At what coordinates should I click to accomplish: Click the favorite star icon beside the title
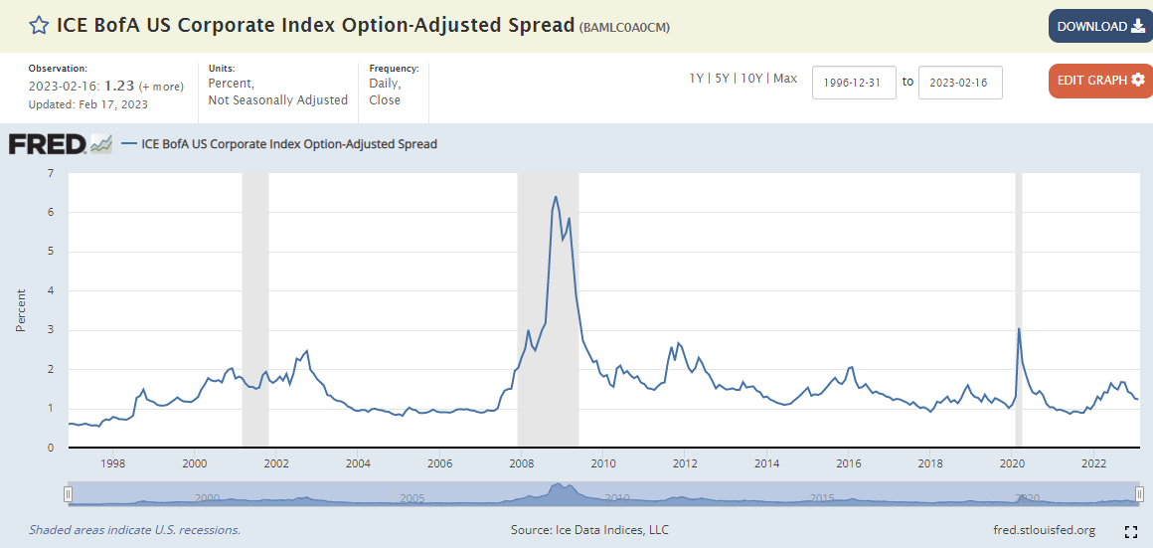coord(38,26)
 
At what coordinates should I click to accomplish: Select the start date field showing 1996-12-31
coord(854,82)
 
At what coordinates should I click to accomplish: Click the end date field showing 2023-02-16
coord(960,82)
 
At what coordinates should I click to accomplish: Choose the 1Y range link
coord(697,79)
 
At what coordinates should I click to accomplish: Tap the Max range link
coord(785,79)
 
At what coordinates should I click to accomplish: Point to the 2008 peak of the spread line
coord(555,197)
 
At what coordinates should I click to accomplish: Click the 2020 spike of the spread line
coord(1019,329)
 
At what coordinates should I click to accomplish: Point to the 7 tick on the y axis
coord(50,173)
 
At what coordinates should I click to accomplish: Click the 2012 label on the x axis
coord(684,463)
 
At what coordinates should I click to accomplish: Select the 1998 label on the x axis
coord(112,463)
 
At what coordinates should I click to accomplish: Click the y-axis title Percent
coord(21,310)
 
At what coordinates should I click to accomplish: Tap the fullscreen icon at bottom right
coord(1130,531)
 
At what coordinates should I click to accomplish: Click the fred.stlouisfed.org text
coord(1044,530)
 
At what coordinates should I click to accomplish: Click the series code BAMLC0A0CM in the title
coord(624,27)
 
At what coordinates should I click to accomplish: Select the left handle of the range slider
coord(69,494)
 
